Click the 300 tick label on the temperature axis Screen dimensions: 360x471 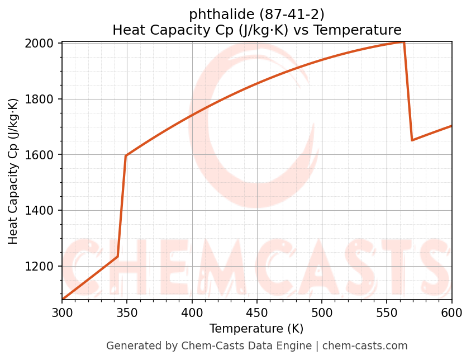pyautogui.click(x=62, y=312)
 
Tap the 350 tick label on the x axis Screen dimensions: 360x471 pyautogui.click(x=127, y=312)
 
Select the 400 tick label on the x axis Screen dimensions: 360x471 pyautogui.click(x=192, y=312)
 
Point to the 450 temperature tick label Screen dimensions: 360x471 pyautogui.click(x=257, y=312)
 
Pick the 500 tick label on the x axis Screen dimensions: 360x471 pyautogui.click(x=322, y=312)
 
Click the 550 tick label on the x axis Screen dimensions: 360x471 pyautogui.click(x=387, y=312)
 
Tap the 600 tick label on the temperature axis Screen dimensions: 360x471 pyautogui.click(x=452, y=312)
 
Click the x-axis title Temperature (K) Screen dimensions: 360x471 pyautogui.click(x=256, y=329)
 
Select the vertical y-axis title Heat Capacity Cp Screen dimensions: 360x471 pyautogui.click(x=13, y=171)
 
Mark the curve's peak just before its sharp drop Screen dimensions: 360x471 pyautogui.click(x=403, y=42)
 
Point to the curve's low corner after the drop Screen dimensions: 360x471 pyautogui.click(x=412, y=140)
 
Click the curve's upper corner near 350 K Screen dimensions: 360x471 pyautogui.click(x=126, y=155)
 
